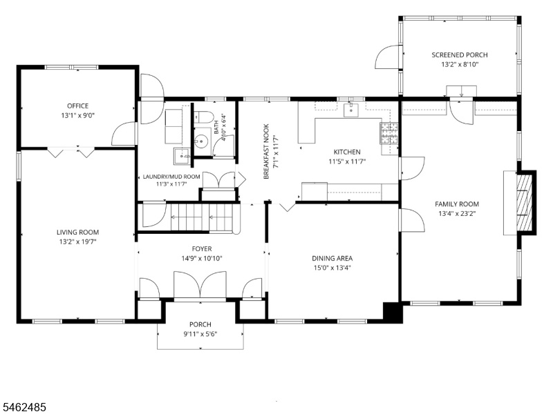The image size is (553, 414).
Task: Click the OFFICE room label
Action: [x=78, y=106]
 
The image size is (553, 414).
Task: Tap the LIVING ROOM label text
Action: [x=77, y=232]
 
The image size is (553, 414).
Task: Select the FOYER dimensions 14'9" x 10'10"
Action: [x=202, y=258]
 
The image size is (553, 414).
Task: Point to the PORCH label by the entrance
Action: [x=200, y=324]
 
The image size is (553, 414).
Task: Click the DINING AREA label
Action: [x=332, y=258]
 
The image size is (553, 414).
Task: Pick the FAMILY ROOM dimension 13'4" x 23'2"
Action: [x=457, y=213]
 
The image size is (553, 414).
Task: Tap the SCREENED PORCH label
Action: [x=460, y=55]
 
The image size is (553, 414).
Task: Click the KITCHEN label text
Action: [x=347, y=152]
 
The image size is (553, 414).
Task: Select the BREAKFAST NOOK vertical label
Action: [x=266, y=151]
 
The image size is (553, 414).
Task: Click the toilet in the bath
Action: [x=204, y=117]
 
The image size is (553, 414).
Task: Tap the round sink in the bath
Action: [x=201, y=142]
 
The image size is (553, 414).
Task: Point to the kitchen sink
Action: [x=351, y=110]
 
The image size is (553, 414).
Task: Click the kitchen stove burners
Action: [x=389, y=133]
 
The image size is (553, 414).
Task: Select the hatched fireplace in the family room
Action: [x=524, y=202]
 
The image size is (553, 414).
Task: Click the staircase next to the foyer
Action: [x=201, y=218]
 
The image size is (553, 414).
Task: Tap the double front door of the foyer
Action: [x=200, y=284]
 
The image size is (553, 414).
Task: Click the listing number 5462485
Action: [x=24, y=407]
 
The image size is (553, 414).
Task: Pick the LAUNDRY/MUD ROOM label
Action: [x=171, y=177]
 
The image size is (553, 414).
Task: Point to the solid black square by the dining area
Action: [x=393, y=312]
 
